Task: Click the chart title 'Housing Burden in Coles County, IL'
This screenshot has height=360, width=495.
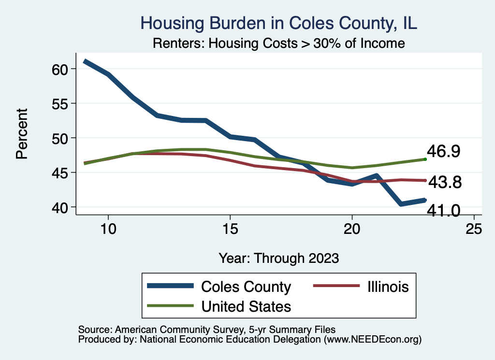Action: point(278,23)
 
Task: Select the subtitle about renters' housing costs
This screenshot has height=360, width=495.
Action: point(278,43)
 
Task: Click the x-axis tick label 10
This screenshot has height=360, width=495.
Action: point(108,229)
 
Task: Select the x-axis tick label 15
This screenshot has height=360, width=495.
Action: point(230,229)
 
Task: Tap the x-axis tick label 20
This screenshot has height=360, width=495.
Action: point(352,229)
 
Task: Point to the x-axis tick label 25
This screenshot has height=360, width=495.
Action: point(474,229)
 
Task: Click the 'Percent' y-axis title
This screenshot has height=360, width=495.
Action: point(21,133)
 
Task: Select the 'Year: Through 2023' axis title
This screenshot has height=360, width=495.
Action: point(278,258)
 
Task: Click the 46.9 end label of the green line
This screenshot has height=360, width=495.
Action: point(443,151)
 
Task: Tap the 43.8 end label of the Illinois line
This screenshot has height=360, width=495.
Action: point(445,182)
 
